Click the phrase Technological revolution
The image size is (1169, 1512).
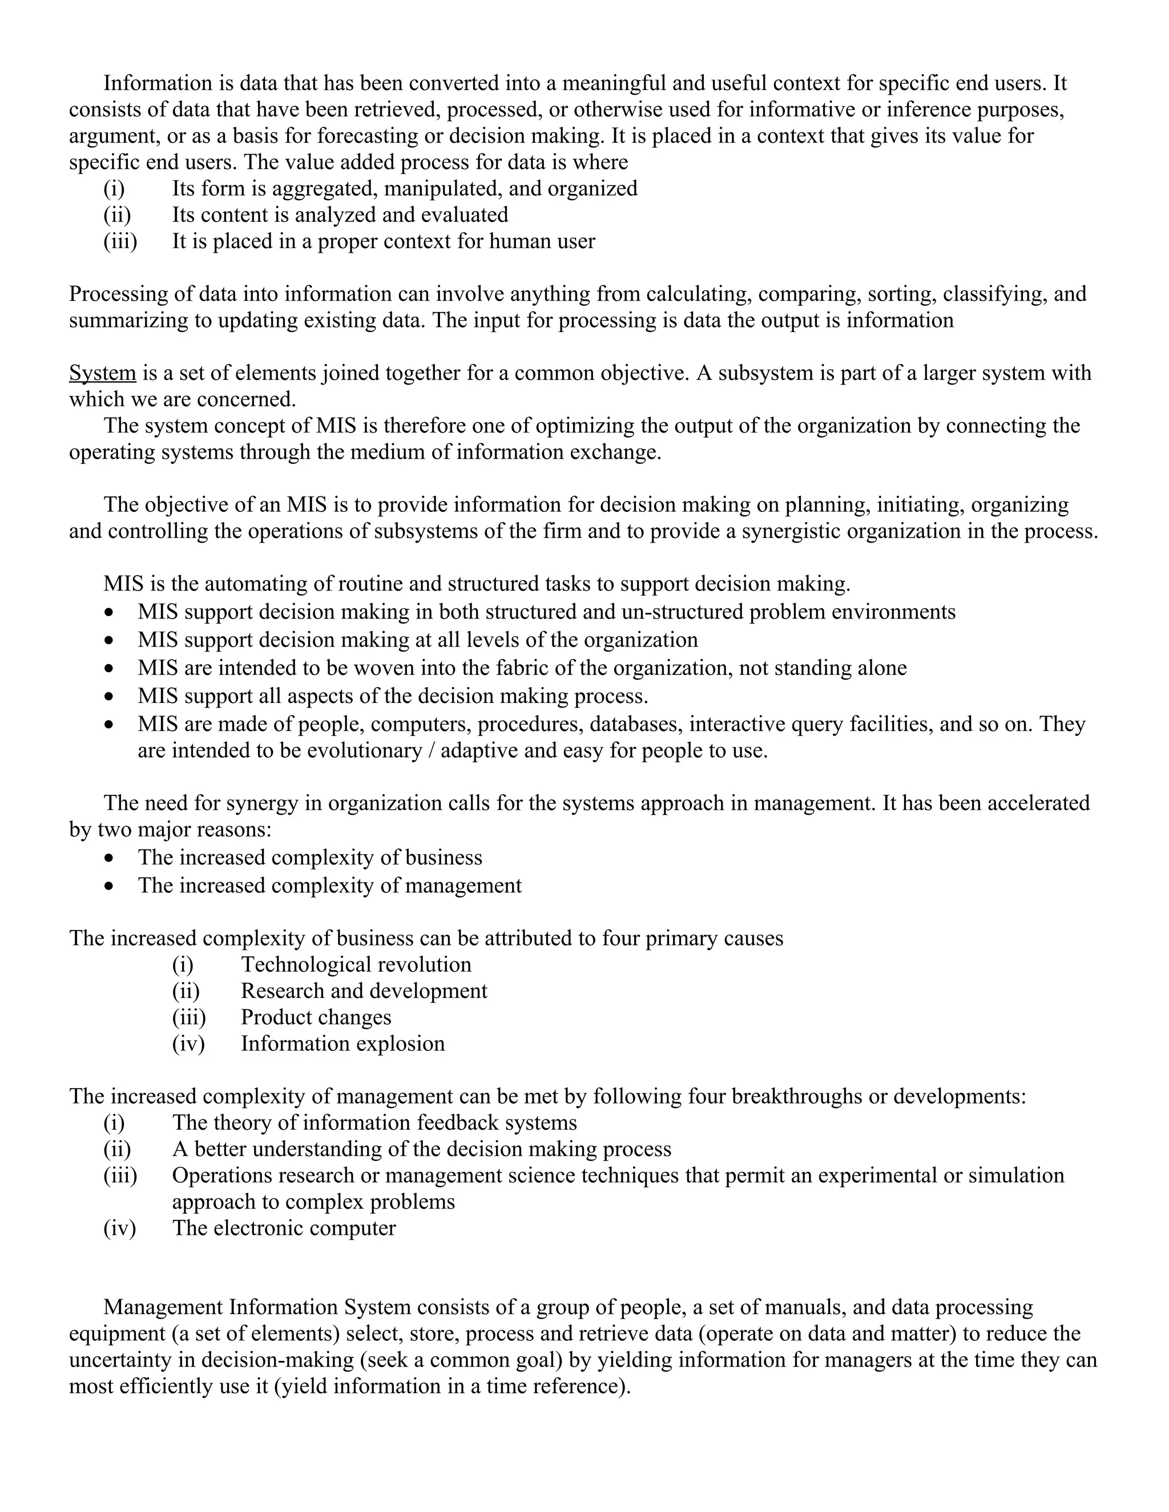356,964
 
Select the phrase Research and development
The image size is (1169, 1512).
364,991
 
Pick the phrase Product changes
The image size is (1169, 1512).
316,1017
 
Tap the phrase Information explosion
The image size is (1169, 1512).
343,1044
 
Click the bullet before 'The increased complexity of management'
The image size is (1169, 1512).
108,886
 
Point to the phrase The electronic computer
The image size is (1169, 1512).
284,1228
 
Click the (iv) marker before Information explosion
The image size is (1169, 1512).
188,1044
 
